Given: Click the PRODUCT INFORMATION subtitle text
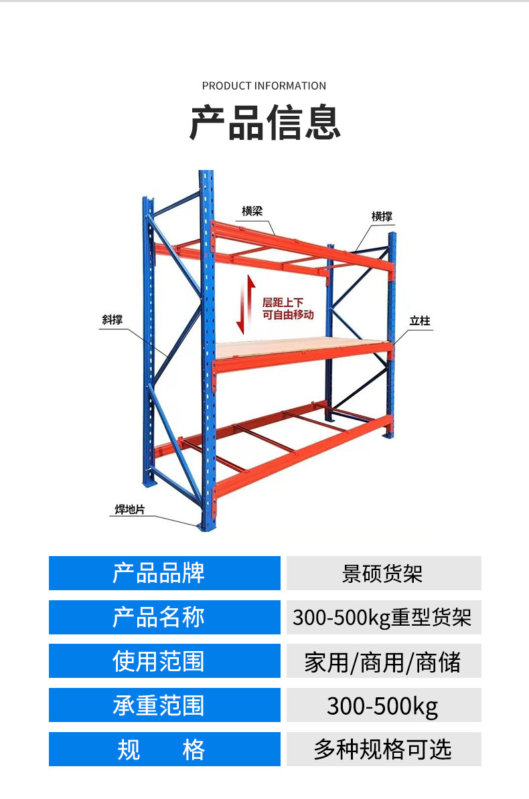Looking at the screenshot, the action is (264, 86).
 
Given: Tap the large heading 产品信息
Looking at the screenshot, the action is (264, 122).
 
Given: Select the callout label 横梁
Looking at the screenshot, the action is (252, 211).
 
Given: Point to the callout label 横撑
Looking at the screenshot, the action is (382, 217).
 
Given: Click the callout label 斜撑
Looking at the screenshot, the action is (112, 320).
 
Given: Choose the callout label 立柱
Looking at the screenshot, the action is (420, 321).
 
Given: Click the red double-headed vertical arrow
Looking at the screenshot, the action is (245, 304).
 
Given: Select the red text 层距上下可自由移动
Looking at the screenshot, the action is (288, 308).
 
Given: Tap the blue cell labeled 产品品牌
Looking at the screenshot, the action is (164, 573).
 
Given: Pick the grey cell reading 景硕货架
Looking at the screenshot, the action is (383, 573).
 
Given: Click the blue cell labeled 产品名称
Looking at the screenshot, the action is (164, 617).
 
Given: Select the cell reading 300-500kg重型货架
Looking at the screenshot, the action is (383, 617).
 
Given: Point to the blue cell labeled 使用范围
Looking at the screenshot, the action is (164, 661).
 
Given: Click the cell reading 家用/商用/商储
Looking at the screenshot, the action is (383, 661).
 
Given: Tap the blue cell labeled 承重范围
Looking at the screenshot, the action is (164, 705).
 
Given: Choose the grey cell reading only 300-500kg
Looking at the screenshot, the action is (383, 705).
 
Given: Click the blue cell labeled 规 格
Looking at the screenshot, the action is (164, 749).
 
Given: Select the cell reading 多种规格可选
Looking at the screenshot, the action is (383, 749).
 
